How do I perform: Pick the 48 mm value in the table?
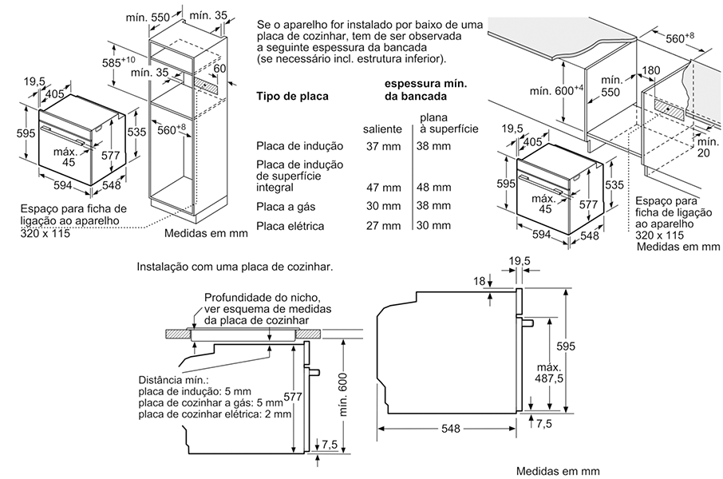[433, 188]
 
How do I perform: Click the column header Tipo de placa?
[292, 97]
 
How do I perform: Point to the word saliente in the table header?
[382, 129]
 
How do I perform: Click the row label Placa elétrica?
[290, 226]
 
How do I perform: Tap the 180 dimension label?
[650, 71]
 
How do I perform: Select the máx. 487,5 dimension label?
[543, 372]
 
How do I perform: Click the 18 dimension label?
[478, 281]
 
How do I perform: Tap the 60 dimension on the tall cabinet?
[220, 68]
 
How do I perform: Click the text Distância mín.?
[173, 380]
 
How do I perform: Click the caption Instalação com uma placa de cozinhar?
[235, 267]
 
